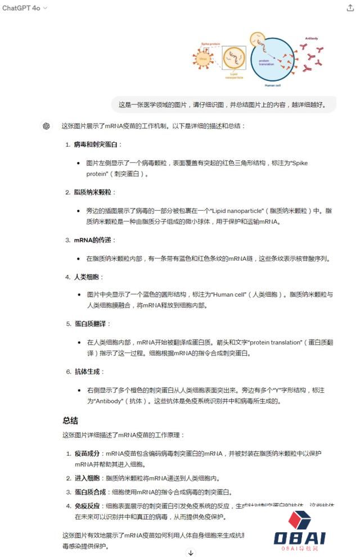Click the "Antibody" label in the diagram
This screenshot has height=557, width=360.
point(311,38)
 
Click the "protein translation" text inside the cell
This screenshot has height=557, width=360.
point(266,62)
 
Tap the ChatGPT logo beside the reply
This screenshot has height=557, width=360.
point(46,126)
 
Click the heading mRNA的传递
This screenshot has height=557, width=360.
point(93,240)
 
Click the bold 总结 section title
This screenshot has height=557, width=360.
point(70,420)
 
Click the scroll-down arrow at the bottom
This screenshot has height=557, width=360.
point(191,553)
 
